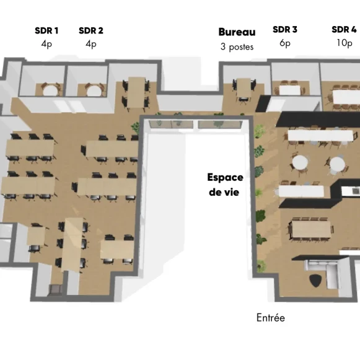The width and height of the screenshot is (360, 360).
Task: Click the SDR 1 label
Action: click(47, 30)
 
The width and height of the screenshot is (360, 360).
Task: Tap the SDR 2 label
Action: click(91, 30)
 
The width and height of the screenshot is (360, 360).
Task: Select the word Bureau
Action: click(237, 32)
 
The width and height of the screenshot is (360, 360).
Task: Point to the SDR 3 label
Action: click(285, 29)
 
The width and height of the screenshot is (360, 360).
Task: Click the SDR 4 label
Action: click(344, 29)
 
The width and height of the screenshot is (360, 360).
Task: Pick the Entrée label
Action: click(271, 317)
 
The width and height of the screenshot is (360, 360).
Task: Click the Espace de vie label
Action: click(225, 185)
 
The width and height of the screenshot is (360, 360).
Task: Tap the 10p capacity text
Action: click(344, 43)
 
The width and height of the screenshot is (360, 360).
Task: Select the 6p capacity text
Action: click(285, 43)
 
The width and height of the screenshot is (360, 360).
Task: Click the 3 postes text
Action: click(237, 46)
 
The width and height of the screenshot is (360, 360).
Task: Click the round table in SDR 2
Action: click(94, 90)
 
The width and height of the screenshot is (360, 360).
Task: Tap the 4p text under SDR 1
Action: click(47, 43)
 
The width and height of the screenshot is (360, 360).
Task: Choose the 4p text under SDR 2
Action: click(91, 43)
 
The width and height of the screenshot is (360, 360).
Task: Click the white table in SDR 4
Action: click(345, 96)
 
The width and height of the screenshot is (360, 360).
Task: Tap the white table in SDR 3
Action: click(289, 90)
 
